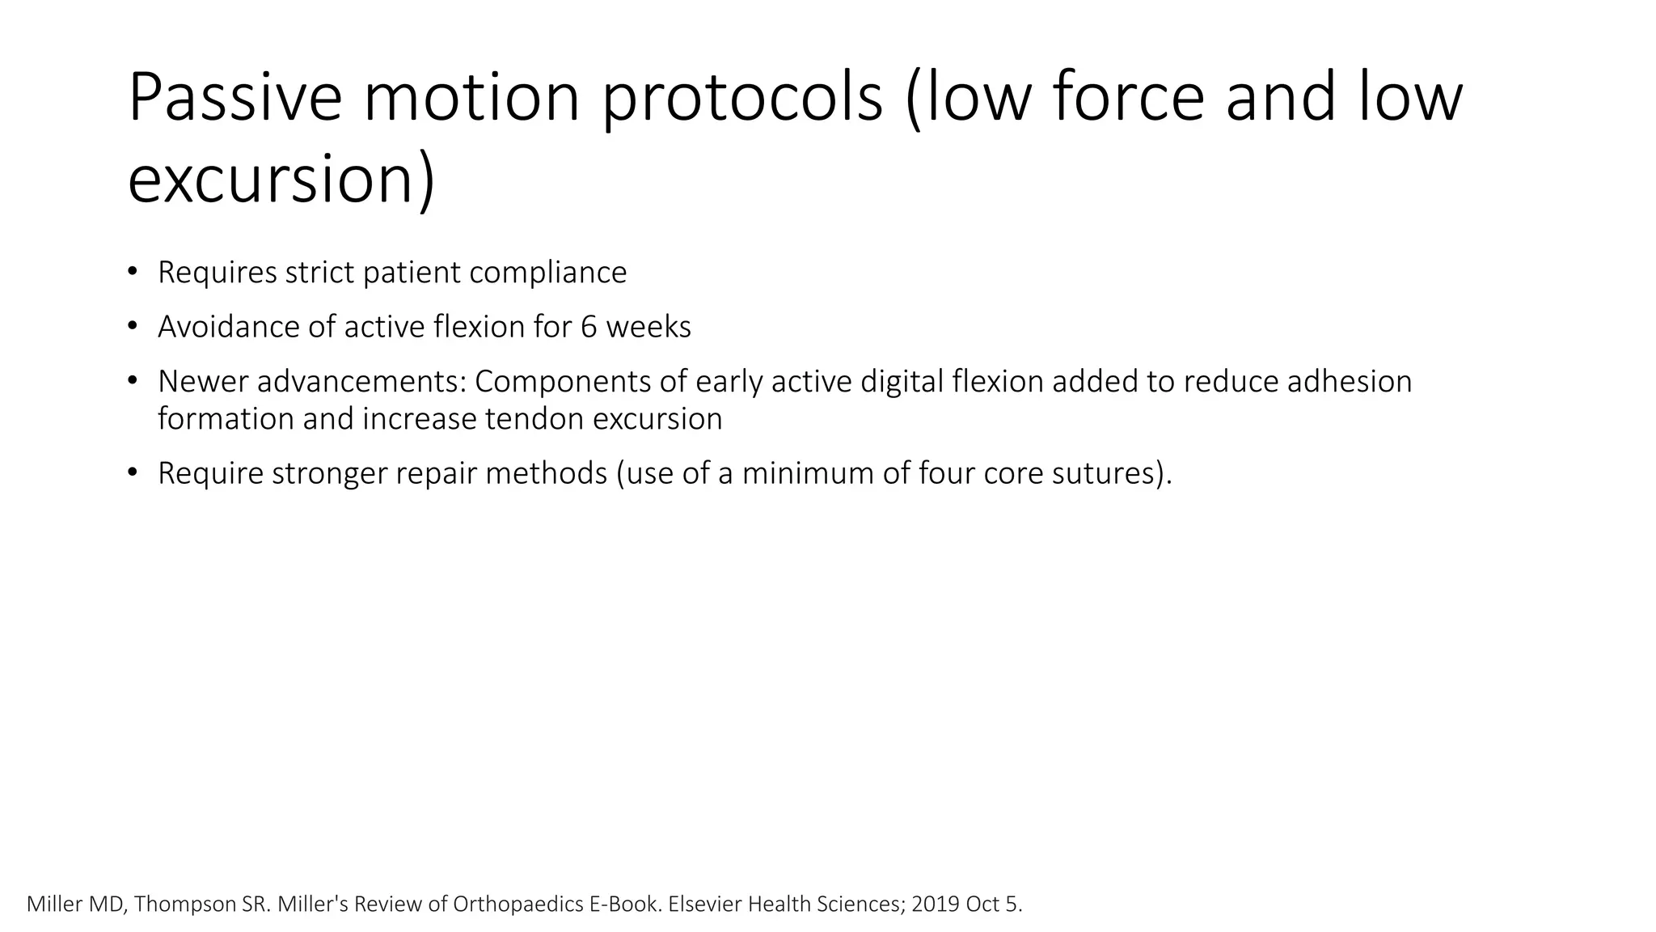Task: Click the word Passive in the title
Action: coord(235,99)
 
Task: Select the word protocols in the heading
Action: coord(743,99)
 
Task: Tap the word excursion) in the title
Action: coord(281,180)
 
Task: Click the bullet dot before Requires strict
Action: coord(133,272)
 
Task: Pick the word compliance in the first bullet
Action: coord(547,273)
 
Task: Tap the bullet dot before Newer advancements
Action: coord(133,381)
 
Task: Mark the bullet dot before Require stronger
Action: coord(133,473)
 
